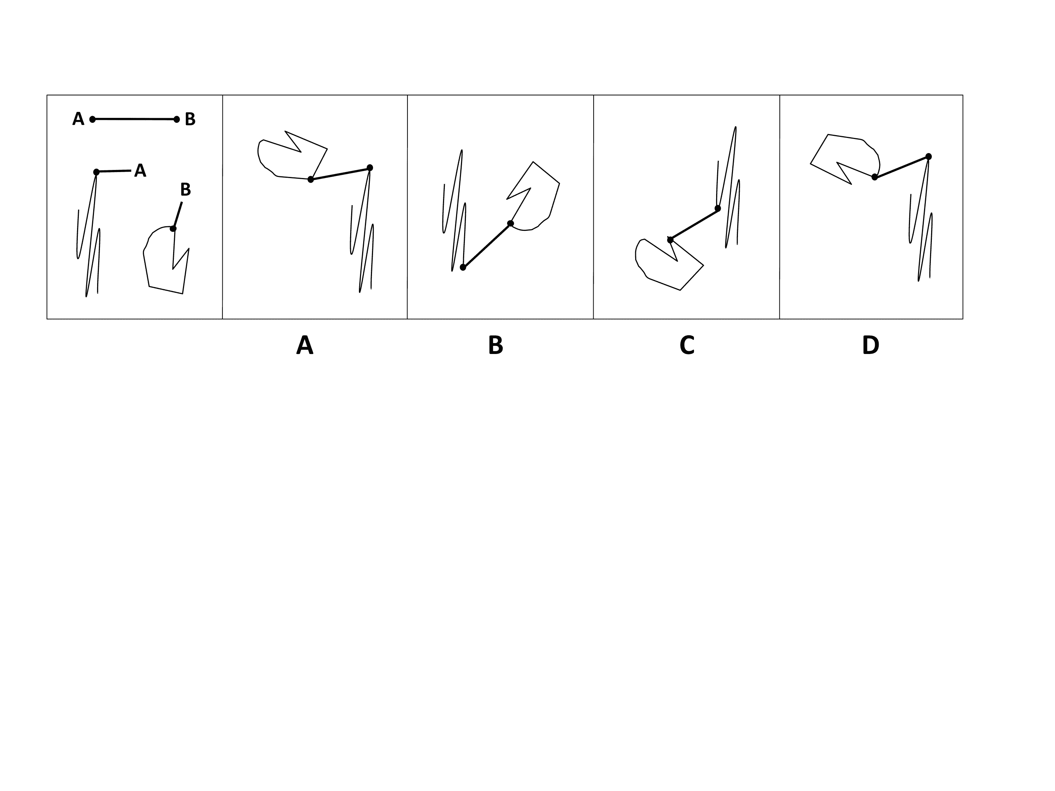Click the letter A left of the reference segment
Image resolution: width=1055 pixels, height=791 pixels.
[78, 119]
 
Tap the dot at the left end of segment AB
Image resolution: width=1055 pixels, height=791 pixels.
[93, 119]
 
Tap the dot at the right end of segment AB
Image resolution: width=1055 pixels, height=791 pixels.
[176, 120]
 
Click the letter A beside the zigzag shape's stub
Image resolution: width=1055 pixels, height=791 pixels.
[140, 171]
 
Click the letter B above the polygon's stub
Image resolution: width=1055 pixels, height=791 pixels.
[185, 190]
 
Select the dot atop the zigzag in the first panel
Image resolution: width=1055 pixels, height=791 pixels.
[96, 172]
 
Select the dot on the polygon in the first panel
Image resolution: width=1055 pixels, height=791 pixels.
[173, 229]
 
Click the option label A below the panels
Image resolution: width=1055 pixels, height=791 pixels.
[305, 345]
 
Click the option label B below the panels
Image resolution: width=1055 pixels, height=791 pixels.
[495, 345]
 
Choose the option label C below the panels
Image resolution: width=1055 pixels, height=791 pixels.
[687, 345]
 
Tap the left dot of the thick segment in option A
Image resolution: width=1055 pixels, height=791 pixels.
[310, 179]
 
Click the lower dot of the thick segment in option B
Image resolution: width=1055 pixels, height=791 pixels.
[463, 267]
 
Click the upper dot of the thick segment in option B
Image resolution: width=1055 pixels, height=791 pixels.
[510, 224]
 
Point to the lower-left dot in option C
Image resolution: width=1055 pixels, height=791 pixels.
[670, 240]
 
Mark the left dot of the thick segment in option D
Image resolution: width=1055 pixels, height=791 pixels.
[874, 177]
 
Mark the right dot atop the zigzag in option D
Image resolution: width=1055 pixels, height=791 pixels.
[929, 156]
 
